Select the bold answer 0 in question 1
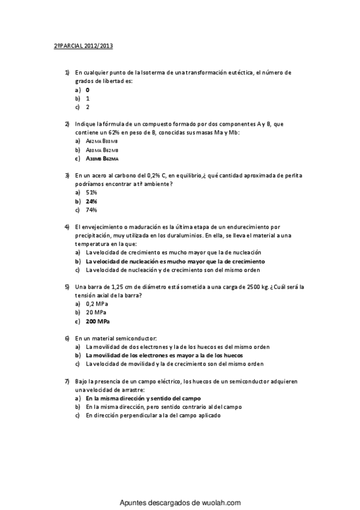pyautogui.click(x=88, y=90)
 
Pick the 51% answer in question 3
pyautogui.click(x=91, y=192)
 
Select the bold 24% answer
pyautogui.click(x=91, y=201)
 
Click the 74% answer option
pyautogui.click(x=91, y=210)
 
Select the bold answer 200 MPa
pyautogui.click(x=98, y=321)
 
